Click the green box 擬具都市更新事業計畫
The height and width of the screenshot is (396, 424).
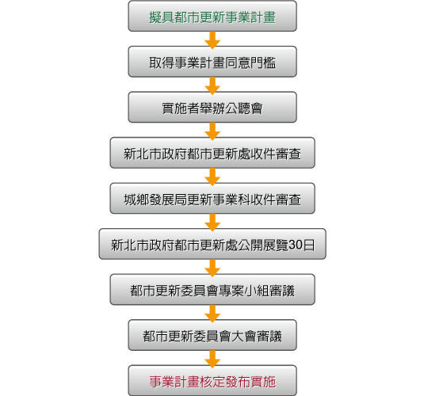point(212,16)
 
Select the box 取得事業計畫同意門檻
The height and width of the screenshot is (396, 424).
point(212,62)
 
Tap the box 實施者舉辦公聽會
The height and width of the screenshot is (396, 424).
point(212,107)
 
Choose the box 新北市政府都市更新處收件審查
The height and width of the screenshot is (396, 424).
point(212,153)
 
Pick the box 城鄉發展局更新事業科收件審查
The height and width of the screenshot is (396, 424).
point(212,199)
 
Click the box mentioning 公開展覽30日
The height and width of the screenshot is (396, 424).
point(212,244)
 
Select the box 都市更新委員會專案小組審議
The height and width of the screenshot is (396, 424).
point(212,290)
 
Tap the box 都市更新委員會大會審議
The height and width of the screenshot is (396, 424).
point(212,335)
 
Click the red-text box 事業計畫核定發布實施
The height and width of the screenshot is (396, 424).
point(212,381)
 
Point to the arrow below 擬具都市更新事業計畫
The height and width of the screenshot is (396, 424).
point(212,40)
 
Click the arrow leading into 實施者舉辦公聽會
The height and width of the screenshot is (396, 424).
point(212,86)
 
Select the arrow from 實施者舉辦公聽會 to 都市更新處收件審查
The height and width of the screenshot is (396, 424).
point(212,131)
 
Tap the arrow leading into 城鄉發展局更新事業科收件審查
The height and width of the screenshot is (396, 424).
point(212,177)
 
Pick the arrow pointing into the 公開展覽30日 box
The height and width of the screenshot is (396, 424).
point(212,223)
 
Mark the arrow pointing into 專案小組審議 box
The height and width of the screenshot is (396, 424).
point(212,268)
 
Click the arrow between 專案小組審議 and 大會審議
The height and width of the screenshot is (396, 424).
point(212,314)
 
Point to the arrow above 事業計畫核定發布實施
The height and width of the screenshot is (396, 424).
point(212,360)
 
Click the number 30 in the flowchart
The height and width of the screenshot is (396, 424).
point(296,245)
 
